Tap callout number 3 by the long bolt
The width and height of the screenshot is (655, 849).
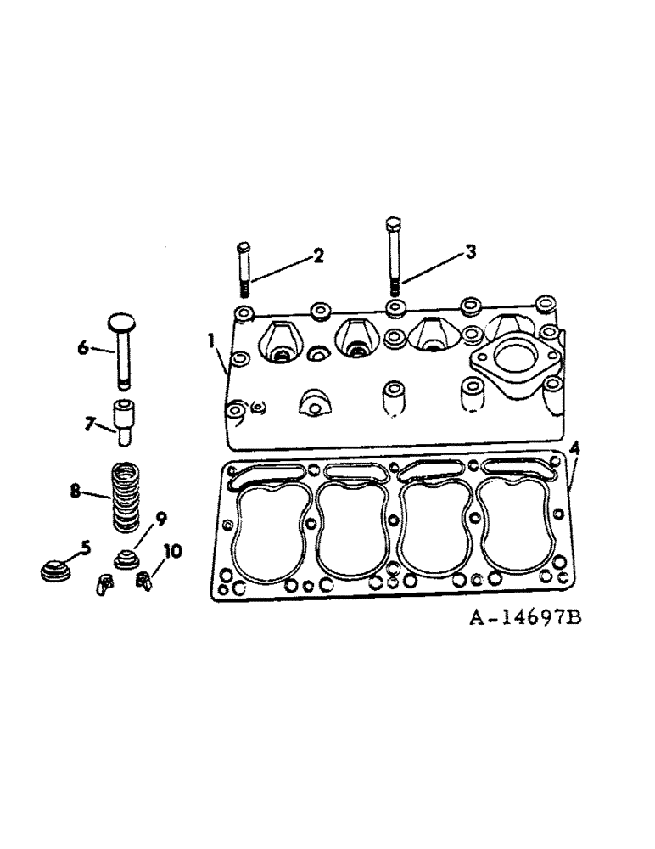(x=470, y=252)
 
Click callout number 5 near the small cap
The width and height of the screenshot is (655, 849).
(x=84, y=548)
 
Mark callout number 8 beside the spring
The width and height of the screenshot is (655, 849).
(x=76, y=490)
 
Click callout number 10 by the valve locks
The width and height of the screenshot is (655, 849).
(x=172, y=552)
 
